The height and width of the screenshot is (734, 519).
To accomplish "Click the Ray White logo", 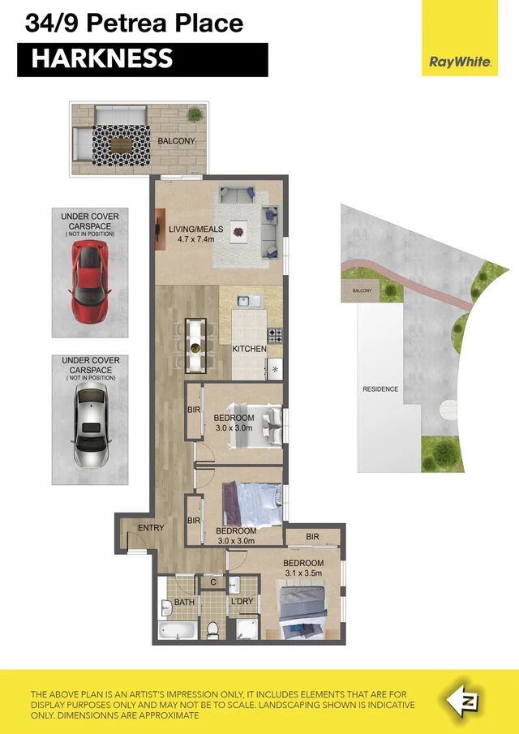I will (460, 62).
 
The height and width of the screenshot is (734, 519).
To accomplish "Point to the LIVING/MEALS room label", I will (191, 229).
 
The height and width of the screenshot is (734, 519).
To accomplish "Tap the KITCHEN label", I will (249, 349).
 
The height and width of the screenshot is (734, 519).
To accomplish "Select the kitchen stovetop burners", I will (275, 334).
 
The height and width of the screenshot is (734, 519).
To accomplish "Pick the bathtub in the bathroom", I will (175, 631).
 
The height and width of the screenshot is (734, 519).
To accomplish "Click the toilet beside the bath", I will (212, 629).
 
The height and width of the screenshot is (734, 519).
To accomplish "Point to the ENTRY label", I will (151, 528).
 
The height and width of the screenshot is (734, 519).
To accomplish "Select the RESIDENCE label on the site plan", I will (380, 389).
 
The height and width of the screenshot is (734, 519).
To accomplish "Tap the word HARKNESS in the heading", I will (102, 59).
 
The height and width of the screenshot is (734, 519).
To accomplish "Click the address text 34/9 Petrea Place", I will (134, 23).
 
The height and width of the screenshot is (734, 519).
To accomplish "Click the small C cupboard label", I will (212, 582).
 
